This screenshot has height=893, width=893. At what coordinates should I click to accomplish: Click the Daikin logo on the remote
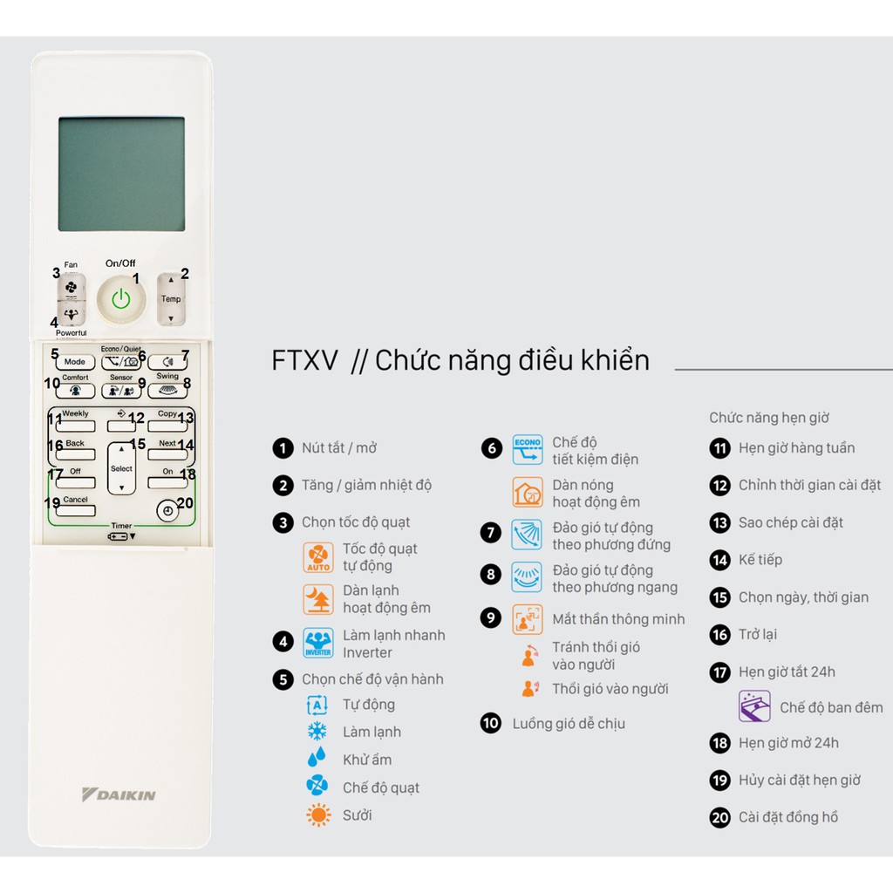point(119,794)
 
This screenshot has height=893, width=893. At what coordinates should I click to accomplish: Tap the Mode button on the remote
point(75,362)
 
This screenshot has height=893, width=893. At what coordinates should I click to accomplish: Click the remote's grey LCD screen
point(121,174)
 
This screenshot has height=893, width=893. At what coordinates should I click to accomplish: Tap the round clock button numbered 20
point(167,511)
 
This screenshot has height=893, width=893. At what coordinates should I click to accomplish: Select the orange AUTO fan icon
point(318,557)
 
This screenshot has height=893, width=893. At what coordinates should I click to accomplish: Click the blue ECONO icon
point(528,449)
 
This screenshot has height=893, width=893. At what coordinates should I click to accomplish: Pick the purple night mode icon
point(754,706)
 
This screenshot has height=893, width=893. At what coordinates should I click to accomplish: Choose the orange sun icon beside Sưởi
point(318,815)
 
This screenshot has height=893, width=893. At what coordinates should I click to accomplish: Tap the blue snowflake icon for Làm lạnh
point(317,732)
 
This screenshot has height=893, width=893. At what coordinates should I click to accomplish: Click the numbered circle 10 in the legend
point(491,723)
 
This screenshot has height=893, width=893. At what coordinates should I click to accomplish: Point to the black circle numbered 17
point(719,672)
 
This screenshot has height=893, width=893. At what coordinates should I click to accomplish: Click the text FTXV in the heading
point(304,360)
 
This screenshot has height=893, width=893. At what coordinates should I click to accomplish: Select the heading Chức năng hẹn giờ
point(769,418)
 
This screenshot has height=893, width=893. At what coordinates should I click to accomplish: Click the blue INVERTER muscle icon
point(318,643)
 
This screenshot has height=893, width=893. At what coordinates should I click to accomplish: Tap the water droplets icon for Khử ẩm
point(317,757)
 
